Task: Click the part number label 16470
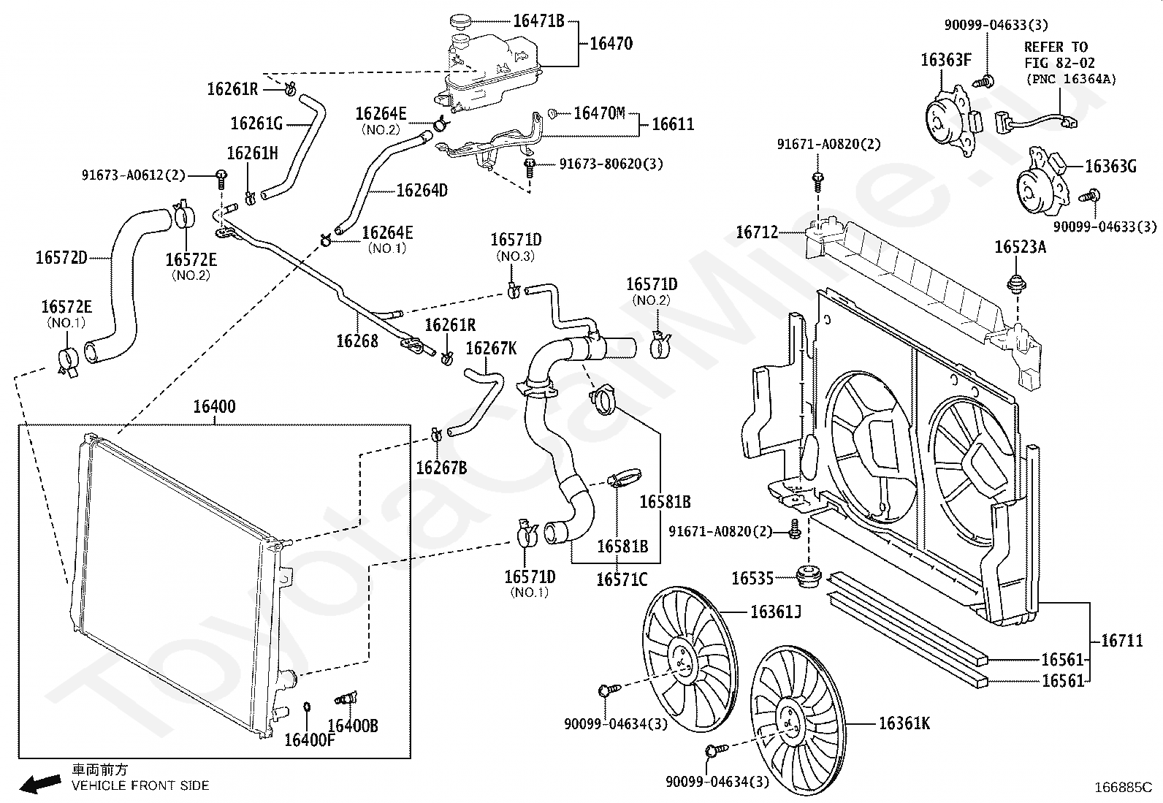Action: [x=611, y=44]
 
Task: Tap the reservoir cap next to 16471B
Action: [x=460, y=22]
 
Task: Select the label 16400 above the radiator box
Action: [x=215, y=406]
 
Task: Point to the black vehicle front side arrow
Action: [x=40, y=783]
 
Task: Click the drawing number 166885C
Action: [x=1123, y=788]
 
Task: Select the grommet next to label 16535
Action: [x=809, y=576]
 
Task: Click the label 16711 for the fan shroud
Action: [x=1122, y=641]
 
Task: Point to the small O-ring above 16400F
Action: [x=307, y=707]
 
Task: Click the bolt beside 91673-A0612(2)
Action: [x=221, y=179]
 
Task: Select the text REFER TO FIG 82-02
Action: [x=1059, y=55]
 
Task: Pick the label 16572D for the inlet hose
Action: [x=61, y=258]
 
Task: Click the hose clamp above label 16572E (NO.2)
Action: [x=183, y=215]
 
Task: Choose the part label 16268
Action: [x=357, y=341]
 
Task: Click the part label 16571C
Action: [x=622, y=579]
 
